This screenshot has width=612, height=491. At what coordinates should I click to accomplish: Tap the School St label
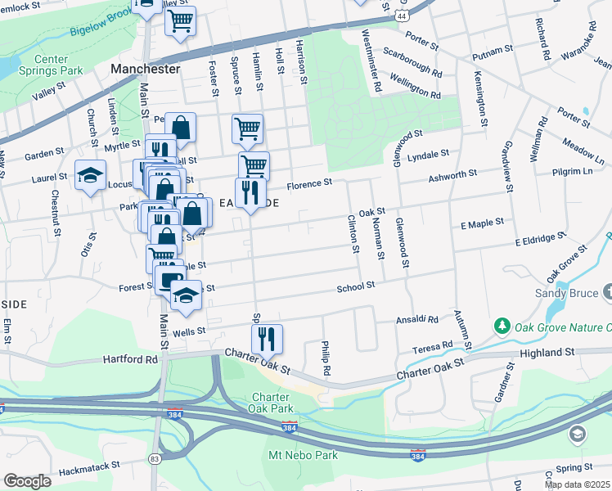coord(356,286)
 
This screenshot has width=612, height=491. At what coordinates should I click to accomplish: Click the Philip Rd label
coord(326,358)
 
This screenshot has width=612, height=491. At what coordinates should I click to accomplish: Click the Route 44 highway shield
coord(400,16)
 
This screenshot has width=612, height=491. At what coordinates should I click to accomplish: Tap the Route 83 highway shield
coord(155,459)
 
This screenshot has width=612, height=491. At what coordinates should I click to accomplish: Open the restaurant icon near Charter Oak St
coord(267,337)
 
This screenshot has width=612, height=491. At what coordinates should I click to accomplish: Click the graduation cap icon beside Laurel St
coord(90,174)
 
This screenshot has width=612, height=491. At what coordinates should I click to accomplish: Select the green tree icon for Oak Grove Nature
coord(502,327)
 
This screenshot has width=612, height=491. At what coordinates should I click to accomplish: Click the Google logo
coord(27,481)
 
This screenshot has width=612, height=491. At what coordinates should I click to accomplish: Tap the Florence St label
coord(314,183)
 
